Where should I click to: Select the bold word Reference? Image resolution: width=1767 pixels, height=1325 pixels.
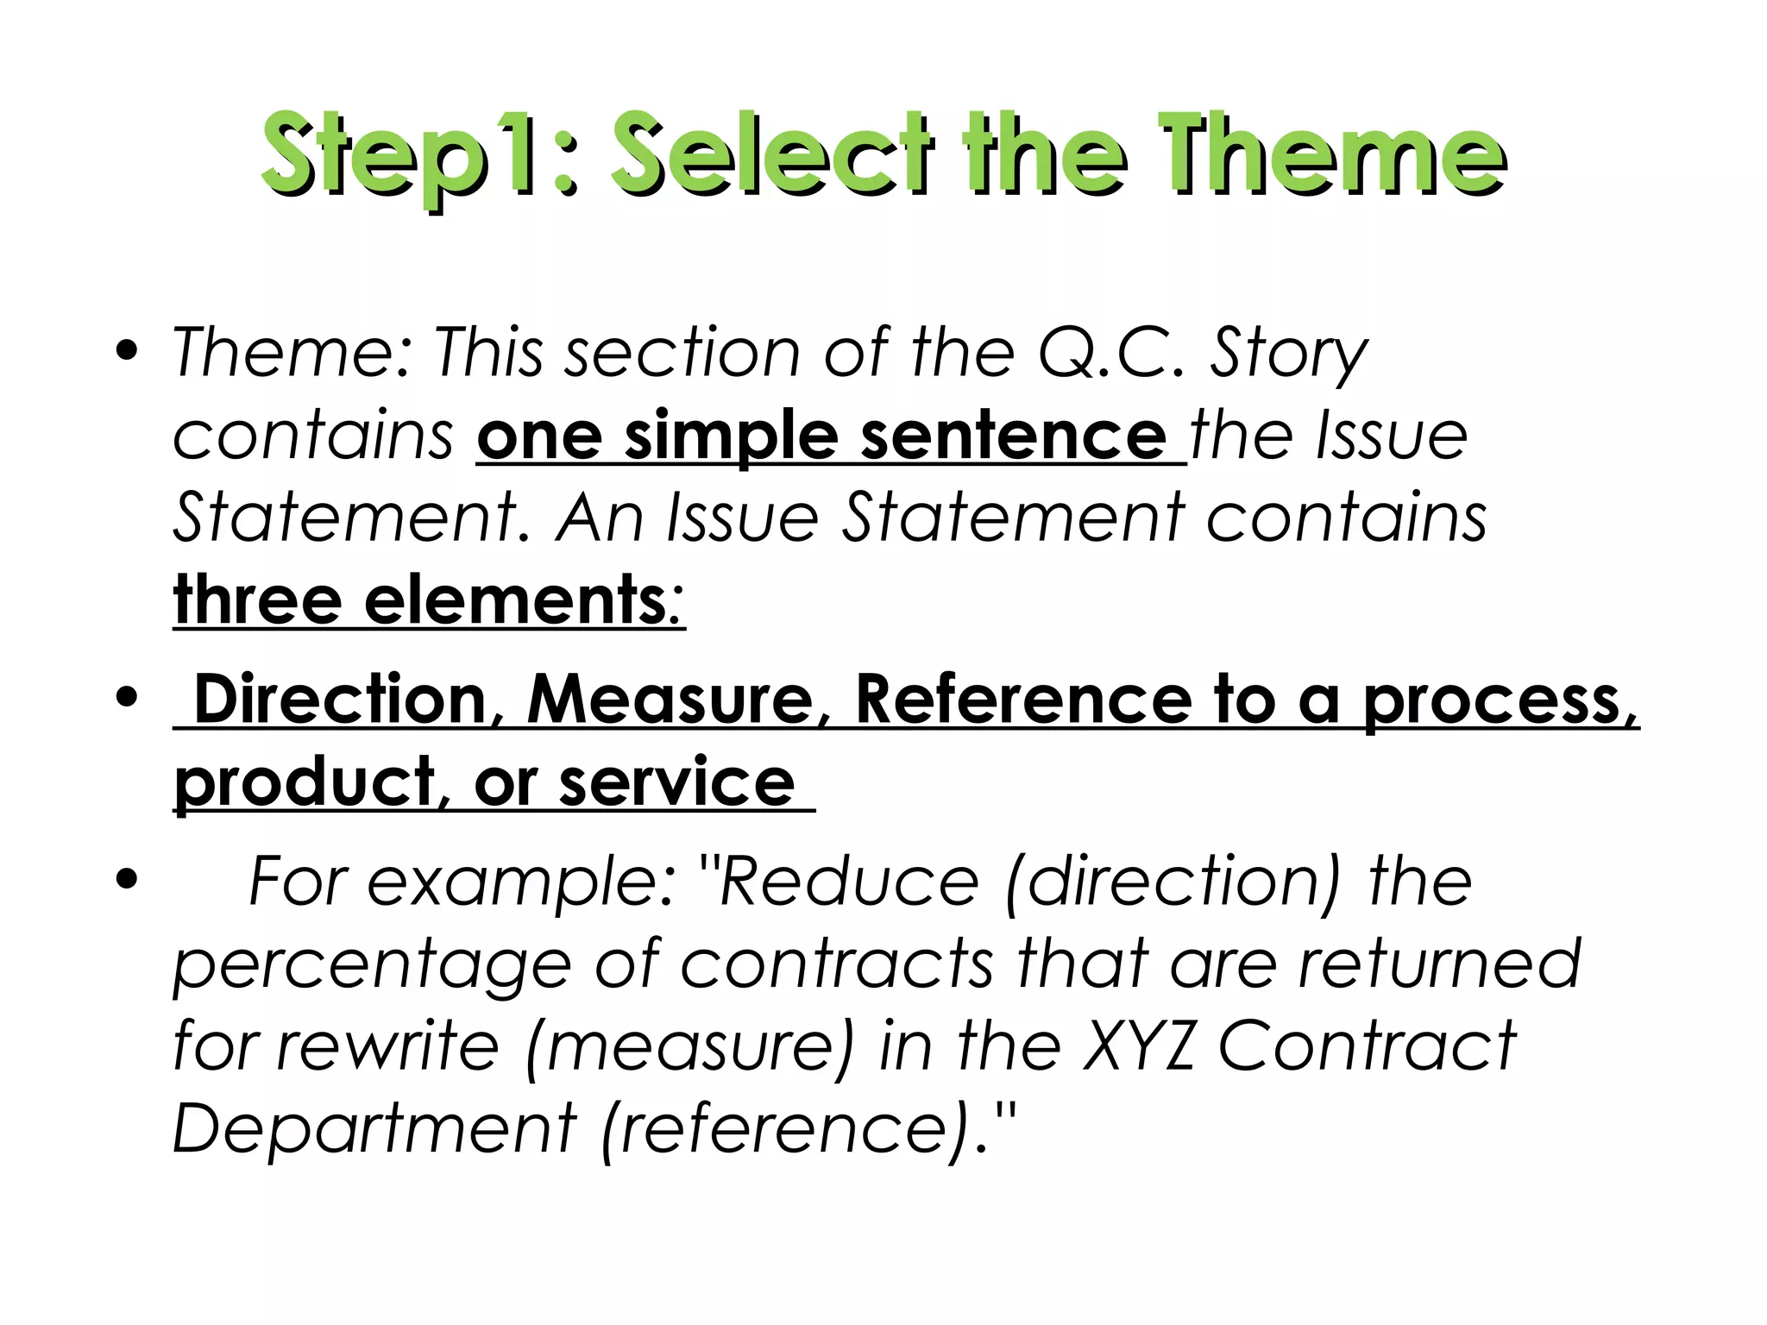coord(1022,699)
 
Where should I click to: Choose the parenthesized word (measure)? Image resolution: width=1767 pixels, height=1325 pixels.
coord(689,1046)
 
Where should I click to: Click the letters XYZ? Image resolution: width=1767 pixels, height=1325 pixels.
coord(1138,1046)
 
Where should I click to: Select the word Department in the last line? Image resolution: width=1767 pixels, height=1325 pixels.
coord(374,1128)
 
